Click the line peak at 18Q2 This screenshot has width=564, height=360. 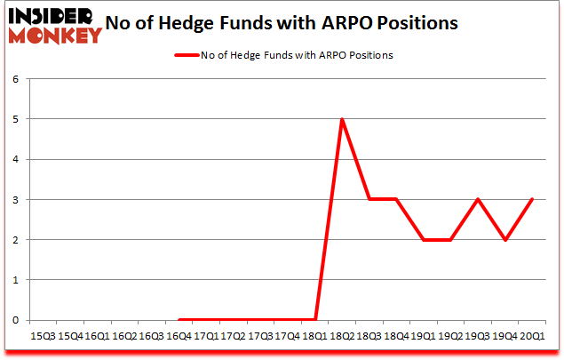[x=342, y=119]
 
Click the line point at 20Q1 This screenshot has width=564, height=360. [x=532, y=199]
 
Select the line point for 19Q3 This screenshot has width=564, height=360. [x=478, y=199]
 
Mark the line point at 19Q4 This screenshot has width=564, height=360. [x=504, y=239]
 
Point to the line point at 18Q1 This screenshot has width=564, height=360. [x=315, y=319]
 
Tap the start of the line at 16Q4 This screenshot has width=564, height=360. [x=179, y=319]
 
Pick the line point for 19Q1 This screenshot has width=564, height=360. [x=424, y=239]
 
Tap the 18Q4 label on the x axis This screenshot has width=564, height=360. [x=396, y=336]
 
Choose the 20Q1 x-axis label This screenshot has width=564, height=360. [x=532, y=336]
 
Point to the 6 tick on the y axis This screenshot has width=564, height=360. [x=15, y=79]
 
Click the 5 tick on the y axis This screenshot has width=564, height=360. [x=15, y=119]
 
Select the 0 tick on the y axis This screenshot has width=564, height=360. [x=15, y=320]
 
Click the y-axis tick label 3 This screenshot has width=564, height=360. [x=15, y=199]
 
